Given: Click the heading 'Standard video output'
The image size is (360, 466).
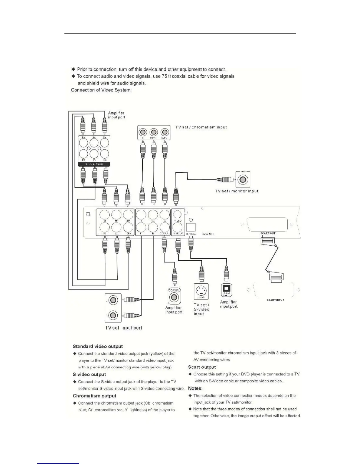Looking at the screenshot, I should (98, 347).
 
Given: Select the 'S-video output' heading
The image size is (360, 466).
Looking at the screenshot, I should (89, 375).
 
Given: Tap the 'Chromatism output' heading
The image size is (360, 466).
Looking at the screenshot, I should (94, 396).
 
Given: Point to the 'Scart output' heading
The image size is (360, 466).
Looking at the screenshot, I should (202, 367).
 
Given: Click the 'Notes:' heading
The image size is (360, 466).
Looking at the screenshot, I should (195, 388).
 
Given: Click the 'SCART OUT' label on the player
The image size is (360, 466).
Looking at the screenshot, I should (268, 233).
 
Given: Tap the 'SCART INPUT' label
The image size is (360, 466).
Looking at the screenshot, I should (275, 300).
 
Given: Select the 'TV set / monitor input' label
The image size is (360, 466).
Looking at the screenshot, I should (236, 191).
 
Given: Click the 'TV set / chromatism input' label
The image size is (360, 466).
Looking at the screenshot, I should (201, 127).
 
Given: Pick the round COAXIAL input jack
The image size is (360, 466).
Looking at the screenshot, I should (174, 297).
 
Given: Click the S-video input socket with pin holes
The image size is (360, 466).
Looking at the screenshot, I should (201, 291).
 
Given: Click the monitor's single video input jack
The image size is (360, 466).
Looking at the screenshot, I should (243, 179).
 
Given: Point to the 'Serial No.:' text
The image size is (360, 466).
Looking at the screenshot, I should (208, 234).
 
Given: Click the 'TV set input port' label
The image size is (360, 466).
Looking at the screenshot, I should (124, 328).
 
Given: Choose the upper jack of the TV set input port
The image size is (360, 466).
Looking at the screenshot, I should (113, 300).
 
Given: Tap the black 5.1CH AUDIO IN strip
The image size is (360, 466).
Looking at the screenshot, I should (94, 164).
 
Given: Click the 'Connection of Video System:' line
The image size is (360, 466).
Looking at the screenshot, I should (101, 90).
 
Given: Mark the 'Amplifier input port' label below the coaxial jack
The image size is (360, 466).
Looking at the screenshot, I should (174, 310).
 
